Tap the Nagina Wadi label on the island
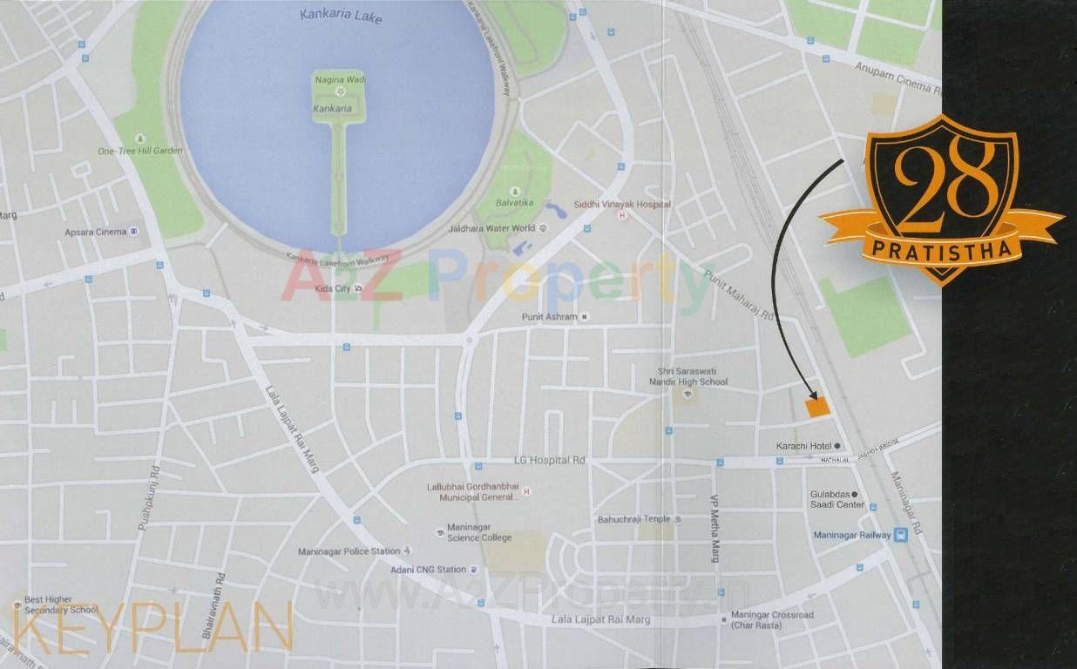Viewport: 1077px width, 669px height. point(338,80)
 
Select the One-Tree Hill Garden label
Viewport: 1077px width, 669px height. point(140,151)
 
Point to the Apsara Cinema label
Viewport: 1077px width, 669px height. point(96,232)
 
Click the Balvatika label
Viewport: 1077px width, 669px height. point(515,202)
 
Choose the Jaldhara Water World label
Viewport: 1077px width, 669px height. point(492,228)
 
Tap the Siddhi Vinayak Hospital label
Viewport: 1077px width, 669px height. point(622,204)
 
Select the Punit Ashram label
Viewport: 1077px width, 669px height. point(549,317)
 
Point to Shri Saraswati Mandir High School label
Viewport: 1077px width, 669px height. point(693,376)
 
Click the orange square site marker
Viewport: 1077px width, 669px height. point(816,406)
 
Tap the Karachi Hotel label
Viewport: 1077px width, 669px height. point(800,446)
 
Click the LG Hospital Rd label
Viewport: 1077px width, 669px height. point(549,460)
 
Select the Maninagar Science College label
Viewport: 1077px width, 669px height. point(479,532)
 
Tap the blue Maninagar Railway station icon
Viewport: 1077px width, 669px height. point(901,535)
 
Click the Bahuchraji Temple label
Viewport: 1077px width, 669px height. point(633,519)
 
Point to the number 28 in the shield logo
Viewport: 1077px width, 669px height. point(945,180)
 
